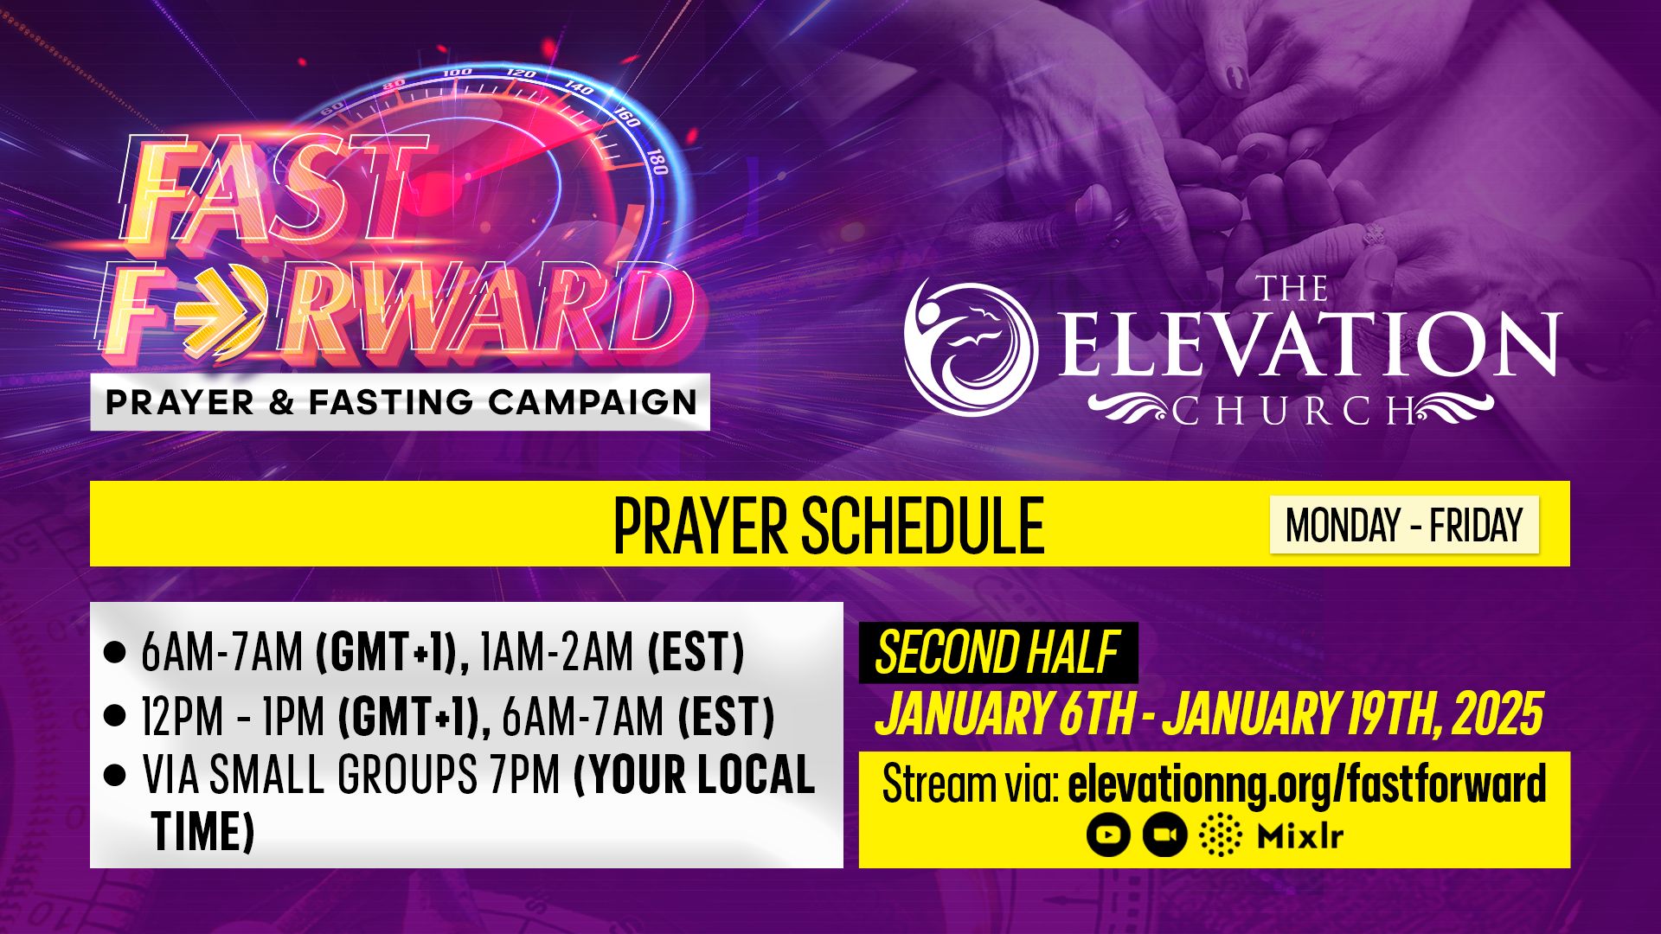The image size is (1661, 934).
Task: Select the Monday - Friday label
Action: pyautogui.click(x=1403, y=525)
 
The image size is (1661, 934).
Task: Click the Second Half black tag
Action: pyautogui.click(x=997, y=653)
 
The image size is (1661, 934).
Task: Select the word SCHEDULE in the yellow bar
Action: pyautogui.click(x=922, y=525)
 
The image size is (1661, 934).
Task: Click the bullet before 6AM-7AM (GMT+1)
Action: pyautogui.click(x=114, y=653)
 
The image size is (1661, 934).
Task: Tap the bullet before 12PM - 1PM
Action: pyautogui.click(x=114, y=716)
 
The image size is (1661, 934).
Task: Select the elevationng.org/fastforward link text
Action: pyautogui.click(x=1306, y=784)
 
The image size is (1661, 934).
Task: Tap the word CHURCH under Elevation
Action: pyautogui.click(x=1293, y=411)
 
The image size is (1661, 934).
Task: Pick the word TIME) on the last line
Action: pyautogui.click(x=203, y=831)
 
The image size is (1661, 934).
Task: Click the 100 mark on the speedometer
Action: pyautogui.click(x=457, y=73)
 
